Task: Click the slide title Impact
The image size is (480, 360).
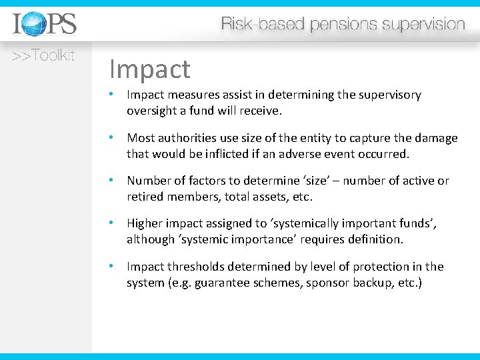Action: pos(149,69)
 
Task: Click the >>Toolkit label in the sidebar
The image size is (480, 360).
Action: pos(43,56)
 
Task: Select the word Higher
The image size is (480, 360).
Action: pos(145,223)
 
